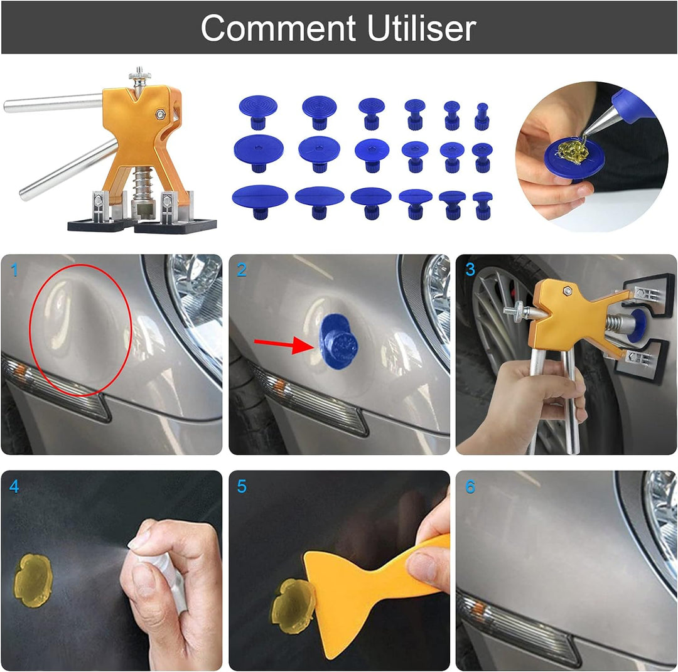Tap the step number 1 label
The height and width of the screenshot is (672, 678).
(x=14, y=270)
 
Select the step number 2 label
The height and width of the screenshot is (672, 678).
(x=242, y=270)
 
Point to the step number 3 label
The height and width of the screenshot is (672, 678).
(x=470, y=270)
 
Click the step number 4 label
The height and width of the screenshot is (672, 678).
(x=14, y=486)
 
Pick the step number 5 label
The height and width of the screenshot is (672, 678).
(x=242, y=486)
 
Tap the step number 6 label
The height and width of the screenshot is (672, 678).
(x=470, y=486)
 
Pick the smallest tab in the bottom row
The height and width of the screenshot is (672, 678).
(x=482, y=205)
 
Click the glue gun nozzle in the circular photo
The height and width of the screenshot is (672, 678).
(x=596, y=122)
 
